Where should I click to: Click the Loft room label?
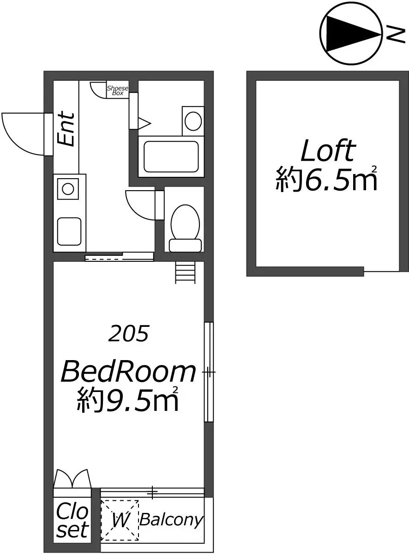328,151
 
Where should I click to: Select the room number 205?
129,334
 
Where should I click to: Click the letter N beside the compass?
396,34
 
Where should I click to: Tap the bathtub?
171,157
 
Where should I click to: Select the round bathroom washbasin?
193,121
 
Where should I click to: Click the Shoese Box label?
117,90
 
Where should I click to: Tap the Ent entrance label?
66,129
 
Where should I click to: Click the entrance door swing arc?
15,142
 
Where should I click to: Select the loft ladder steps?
185,272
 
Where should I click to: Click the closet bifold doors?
72,478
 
